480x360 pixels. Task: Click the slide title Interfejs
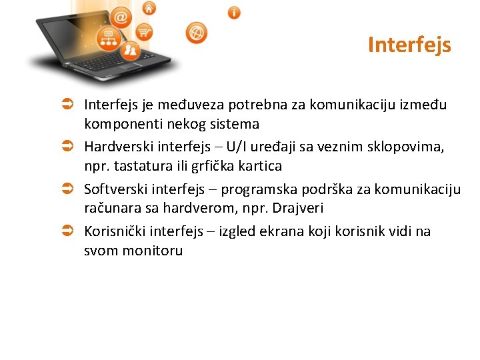[x=409, y=45]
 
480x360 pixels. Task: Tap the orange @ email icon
[x=121, y=16]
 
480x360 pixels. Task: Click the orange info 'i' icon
[x=234, y=13]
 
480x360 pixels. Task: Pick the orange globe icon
[x=196, y=32]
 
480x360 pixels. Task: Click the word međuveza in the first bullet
[x=197, y=105]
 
